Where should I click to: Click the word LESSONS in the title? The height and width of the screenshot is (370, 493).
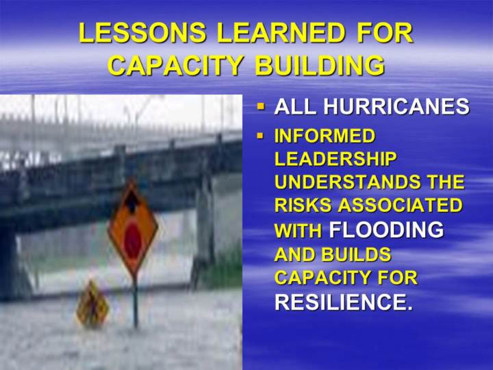coord(142,33)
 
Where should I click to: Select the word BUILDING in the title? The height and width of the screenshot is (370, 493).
coord(320,65)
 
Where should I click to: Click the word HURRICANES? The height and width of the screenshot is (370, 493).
coord(396,106)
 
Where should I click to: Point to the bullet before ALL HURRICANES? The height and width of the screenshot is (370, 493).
coord(261,106)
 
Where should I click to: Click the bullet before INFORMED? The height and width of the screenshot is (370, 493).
coord(261,136)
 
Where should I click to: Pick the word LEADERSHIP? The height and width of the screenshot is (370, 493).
coord(335,158)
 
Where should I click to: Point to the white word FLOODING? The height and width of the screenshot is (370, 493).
coord(386,230)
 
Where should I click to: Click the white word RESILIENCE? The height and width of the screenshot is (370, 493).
coord(343,302)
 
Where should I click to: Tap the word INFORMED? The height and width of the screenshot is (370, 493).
coord(325,136)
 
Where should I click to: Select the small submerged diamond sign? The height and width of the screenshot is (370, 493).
coord(92,304)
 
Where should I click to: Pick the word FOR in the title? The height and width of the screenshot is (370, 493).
coord(385,33)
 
